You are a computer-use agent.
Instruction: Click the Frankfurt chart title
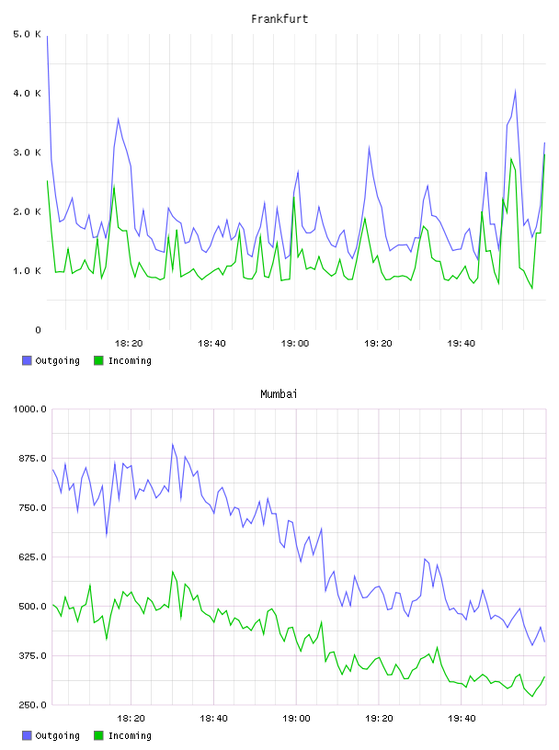click(279, 19)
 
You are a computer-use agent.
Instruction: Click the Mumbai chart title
click(279, 394)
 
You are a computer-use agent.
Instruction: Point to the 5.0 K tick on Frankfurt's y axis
click(27, 34)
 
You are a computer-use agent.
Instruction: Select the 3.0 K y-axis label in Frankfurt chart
click(27, 153)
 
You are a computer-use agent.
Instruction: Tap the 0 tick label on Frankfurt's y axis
click(38, 330)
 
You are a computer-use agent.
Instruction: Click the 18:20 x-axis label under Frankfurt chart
click(129, 344)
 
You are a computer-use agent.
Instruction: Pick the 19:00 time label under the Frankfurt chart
click(295, 344)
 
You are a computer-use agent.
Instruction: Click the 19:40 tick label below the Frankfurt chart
click(462, 344)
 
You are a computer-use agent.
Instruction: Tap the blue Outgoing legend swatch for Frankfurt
click(27, 360)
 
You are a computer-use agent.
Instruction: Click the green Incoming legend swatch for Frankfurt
click(98, 360)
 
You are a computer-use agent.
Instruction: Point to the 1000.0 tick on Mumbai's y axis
click(29, 409)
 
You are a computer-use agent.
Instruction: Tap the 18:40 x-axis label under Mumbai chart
click(213, 719)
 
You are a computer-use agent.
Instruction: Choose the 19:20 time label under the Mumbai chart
click(379, 719)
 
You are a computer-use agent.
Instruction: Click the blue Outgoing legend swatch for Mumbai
click(27, 735)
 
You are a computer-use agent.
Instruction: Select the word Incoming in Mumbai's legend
click(130, 735)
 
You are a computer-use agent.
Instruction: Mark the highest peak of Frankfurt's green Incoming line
click(544, 154)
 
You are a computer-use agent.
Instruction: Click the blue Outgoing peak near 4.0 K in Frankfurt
click(515, 90)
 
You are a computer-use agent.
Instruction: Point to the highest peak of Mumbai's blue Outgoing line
click(173, 444)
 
